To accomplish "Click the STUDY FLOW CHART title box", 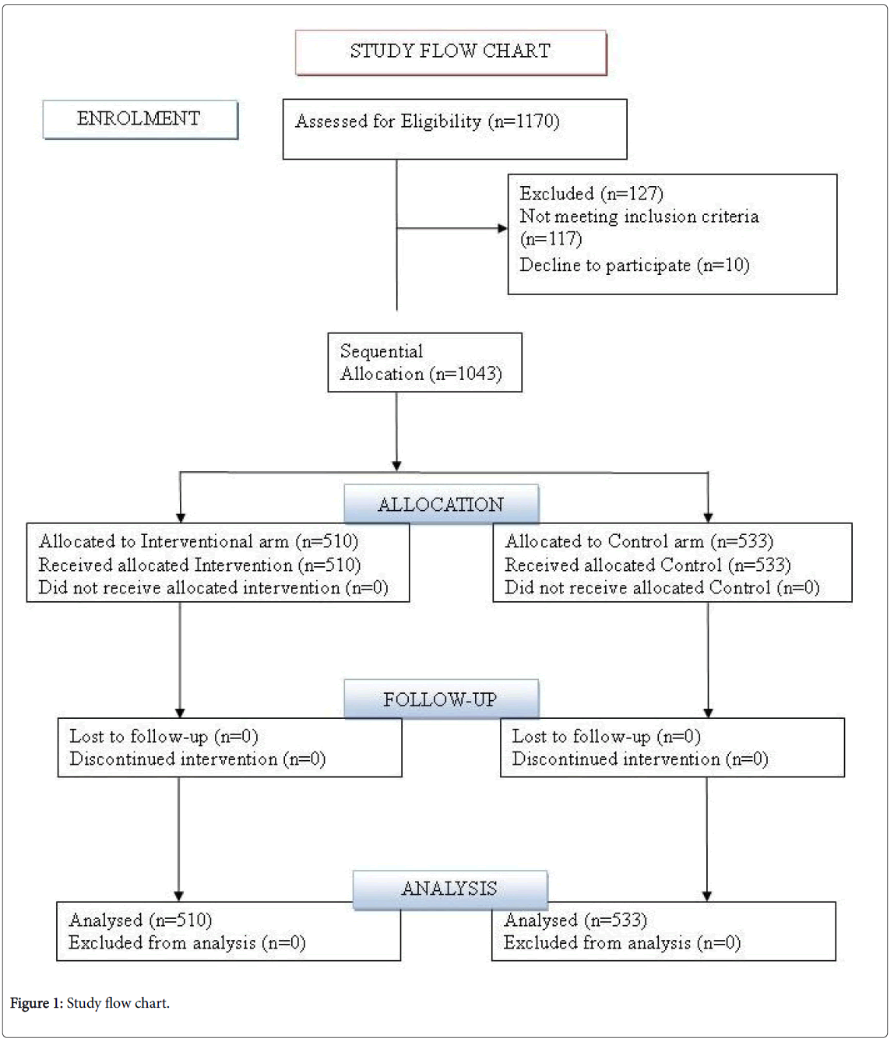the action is (x=451, y=52).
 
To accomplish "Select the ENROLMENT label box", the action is (x=140, y=119).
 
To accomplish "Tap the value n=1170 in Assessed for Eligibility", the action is (x=524, y=121).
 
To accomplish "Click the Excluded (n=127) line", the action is (x=592, y=194).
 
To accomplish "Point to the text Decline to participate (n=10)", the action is (x=635, y=265).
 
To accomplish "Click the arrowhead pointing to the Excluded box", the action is (x=502, y=228).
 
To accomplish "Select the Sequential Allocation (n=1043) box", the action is (x=424, y=362).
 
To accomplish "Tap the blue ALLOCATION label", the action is (x=442, y=504).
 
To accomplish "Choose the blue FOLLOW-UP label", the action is (x=442, y=699).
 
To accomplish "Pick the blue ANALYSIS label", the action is (x=450, y=890).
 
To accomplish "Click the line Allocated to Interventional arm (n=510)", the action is (x=198, y=541).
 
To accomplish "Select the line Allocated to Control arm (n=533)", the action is (x=639, y=541).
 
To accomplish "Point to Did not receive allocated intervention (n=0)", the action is (x=213, y=588).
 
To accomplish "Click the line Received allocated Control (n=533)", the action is (x=647, y=565).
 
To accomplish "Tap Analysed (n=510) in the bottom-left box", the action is (x=141, y=921).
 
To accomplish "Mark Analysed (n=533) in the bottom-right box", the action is (x=575, y=921).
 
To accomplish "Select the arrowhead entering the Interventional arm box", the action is (x=181, y=518).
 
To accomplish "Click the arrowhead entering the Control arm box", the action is (x=708, y=518).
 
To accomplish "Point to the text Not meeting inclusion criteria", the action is (x=639, y=216).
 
